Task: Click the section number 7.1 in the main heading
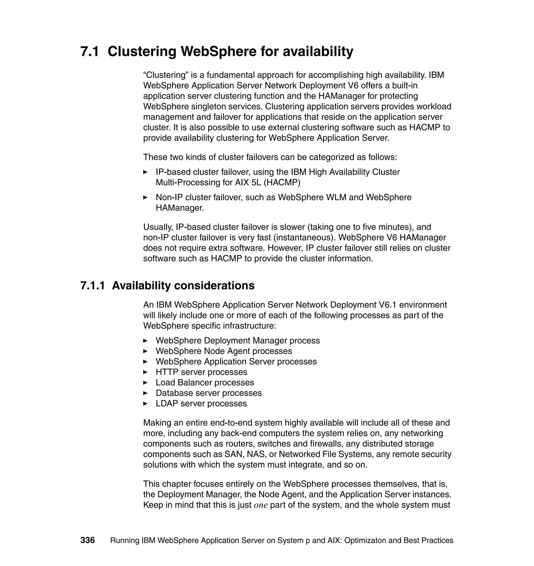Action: point(90,52)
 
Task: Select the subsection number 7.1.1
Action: point(93,286)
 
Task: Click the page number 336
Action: point(87,540)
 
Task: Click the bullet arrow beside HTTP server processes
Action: point(145,372)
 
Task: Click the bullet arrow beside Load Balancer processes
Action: point(145,383)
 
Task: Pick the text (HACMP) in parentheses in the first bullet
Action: point(282,182)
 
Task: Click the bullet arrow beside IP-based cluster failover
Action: point(145,172)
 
